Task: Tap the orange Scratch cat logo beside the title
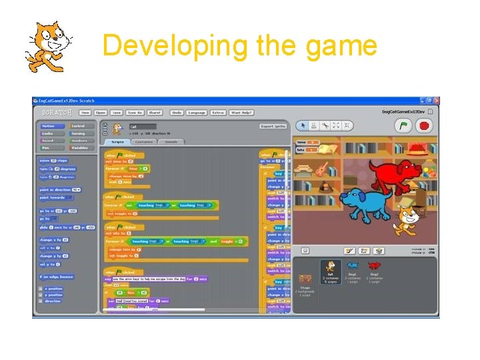(x=49, y=45)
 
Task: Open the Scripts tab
(x=117, y=141)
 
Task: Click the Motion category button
(x=49, y=125)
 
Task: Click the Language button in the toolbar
(x=197, y=113)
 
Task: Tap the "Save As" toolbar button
(x=135, y=113)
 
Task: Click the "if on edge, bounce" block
(x=57, y=277)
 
